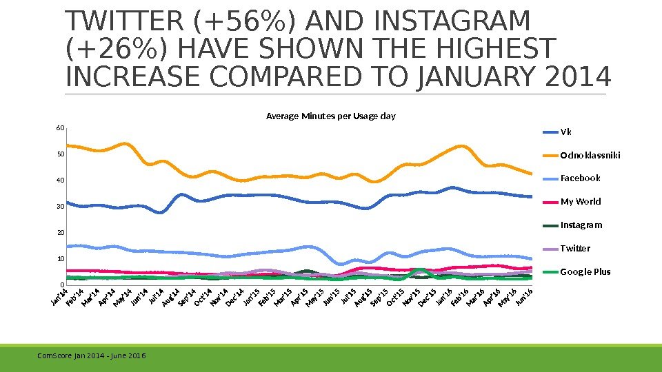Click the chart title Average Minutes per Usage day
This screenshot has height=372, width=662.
point(331,116)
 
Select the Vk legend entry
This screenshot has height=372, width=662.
point(565,132)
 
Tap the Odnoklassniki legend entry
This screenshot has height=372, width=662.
point(590,155)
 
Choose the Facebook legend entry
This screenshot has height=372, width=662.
point(580,178)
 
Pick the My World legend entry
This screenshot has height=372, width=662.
point(580,201)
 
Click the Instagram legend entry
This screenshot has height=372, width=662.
point(581,225)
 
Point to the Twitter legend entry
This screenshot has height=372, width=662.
point(575,248)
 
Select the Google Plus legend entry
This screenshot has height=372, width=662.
point(585,271)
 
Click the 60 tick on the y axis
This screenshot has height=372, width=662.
point(60,128)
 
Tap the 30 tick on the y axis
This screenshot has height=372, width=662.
point(60,207)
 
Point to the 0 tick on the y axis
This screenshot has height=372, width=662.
point(62,285)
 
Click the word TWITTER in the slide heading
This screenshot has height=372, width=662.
point(125,22)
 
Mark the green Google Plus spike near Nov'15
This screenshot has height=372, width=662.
point(419,271)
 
